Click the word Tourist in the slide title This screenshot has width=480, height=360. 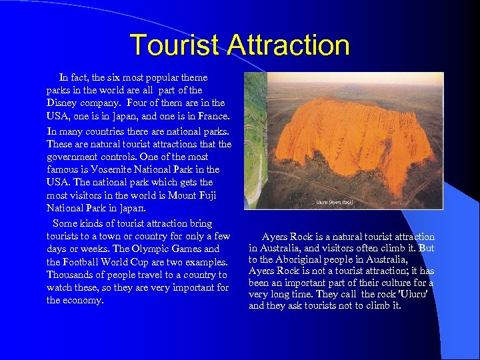pyautogui.click(x=175, y=45)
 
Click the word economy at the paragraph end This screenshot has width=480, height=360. pyautogui.click(x=83, y=301)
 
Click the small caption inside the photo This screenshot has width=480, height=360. pyautogui.click(x=335, y=201)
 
